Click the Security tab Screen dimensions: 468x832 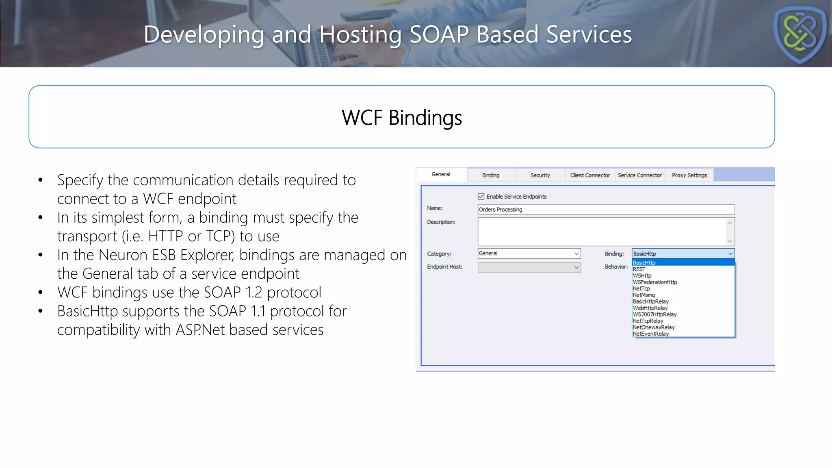[540, 175]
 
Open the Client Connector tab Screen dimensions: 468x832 [590, 175]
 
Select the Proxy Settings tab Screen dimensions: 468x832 [689, 175]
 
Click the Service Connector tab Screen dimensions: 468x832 [639, 175]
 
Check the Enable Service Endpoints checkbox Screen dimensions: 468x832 [481, 197]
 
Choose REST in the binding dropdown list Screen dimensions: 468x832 [639, 269]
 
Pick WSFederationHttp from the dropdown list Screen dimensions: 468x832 [655, 282]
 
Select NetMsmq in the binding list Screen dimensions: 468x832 [643, 295]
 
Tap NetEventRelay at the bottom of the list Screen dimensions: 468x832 [650, 334]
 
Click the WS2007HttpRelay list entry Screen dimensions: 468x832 [654, 314]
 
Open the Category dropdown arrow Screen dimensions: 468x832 [576, 254]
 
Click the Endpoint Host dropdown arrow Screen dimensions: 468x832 [576, 268]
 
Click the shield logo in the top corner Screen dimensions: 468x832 [799, 34]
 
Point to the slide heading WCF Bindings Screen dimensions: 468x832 [401, 118]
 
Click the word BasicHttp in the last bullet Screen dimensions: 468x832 [87, 312]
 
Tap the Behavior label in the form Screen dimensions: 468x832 [616, 267]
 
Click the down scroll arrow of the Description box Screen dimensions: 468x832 [730, 241]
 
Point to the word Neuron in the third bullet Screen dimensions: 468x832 [123, 256]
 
